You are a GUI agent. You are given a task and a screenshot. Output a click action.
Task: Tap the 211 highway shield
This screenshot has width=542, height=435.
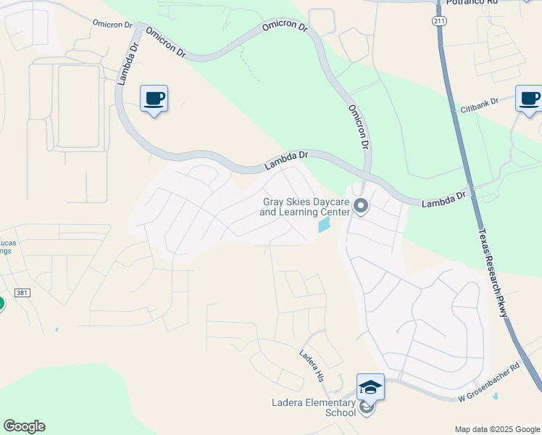[x=439, y=20]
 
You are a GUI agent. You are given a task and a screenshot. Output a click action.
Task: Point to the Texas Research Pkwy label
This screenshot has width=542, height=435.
[x=493, y=273]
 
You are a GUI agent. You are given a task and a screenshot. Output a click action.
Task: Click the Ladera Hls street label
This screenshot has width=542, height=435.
[x=311, y=365]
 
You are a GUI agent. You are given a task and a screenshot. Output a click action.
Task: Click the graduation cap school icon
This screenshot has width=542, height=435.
[x=370, y=387]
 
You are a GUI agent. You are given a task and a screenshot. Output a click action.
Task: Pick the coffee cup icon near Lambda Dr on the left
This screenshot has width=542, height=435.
[x=154, y=98]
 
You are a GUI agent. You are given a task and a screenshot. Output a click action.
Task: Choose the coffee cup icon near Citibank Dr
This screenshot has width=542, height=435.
[x=529, y=98]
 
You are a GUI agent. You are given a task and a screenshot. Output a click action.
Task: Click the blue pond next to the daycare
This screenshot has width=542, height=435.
[x=323, y=225]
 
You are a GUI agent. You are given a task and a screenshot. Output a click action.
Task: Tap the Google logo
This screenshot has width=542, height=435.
[x=24, y=426]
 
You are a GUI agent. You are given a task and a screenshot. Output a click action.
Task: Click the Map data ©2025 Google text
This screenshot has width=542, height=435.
[x=496, y=429]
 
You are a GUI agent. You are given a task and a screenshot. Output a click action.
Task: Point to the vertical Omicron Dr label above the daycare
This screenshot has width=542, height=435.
[x=359, y=127]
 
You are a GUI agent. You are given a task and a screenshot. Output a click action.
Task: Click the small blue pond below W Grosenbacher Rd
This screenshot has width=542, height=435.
[x=496, y=396]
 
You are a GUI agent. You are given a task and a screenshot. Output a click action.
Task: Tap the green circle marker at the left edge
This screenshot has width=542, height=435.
[x=1, y=303]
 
